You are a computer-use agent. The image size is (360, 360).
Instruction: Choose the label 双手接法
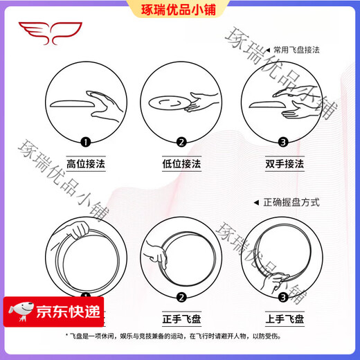[x=276, y=164]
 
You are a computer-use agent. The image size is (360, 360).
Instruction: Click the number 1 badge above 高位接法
[x=85, y=143]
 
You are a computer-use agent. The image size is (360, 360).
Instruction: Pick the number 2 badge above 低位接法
[x=181, y=143]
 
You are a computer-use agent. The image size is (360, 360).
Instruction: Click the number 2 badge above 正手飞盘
[x=181, y=298]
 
